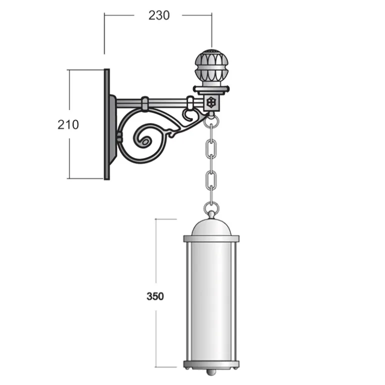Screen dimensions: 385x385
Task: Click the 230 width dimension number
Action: (x=159, y=15)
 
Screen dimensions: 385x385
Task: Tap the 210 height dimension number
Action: (x=68, y=124)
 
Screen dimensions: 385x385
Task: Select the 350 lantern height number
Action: (x=155, y=296)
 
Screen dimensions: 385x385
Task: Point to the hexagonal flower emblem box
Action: (x=211, y=102)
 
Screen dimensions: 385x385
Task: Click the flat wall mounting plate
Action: (x=107, y=124)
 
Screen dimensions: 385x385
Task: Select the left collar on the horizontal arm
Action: (x=145, y=103)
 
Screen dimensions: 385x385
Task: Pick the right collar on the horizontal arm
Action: (x=190, y=103)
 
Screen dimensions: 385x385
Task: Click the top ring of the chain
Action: (x=211, y=121)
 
